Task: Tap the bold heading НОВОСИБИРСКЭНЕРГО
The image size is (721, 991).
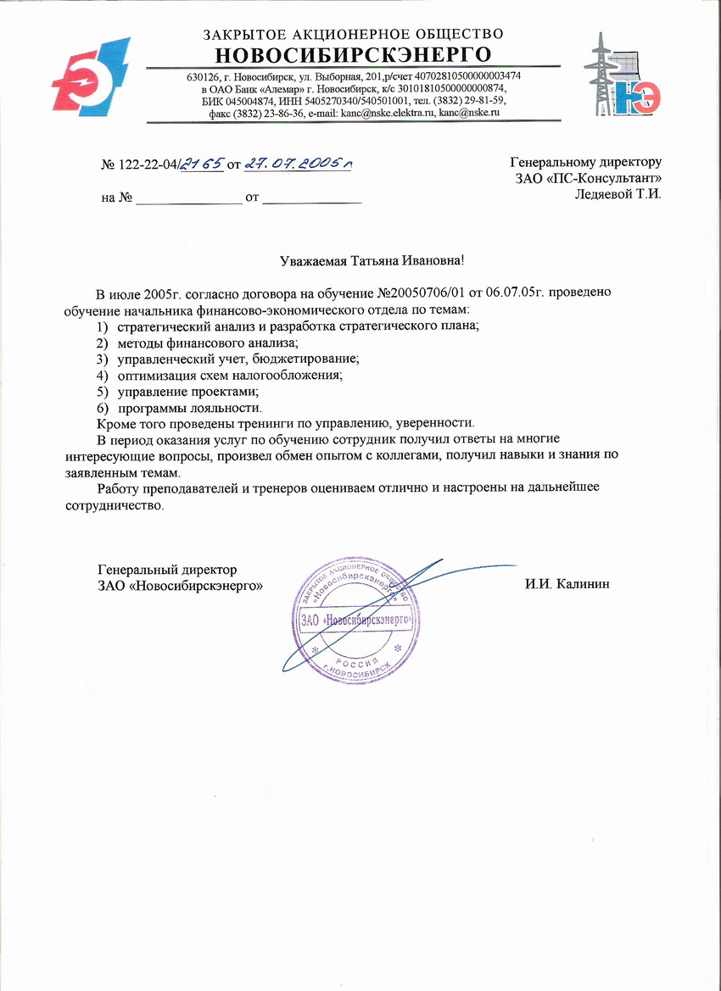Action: point(353,55)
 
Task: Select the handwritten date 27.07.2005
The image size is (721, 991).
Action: point(297,163)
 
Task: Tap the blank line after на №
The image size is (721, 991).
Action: point(189,200)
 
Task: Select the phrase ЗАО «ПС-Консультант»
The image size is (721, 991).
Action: point(588,177)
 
